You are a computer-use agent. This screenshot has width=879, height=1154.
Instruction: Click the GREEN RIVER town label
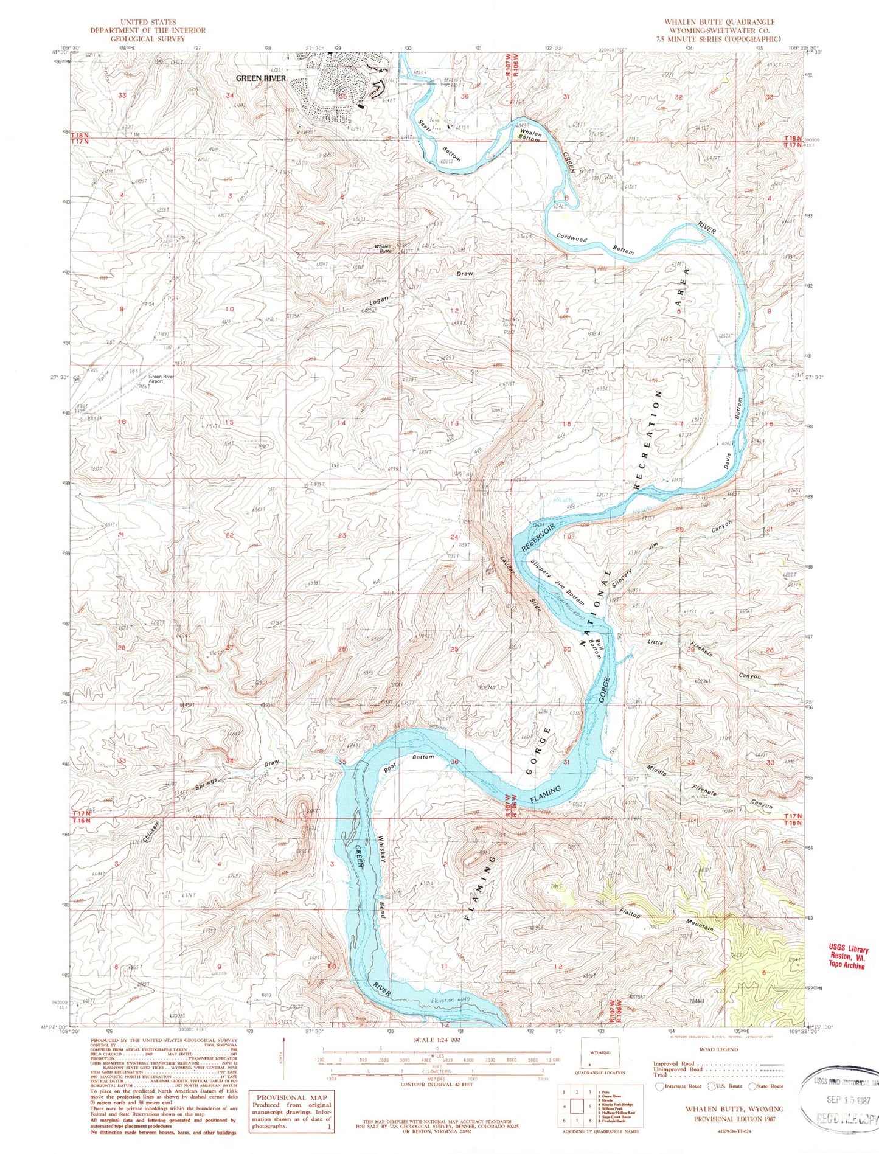261,78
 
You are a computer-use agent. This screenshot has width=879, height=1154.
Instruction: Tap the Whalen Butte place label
383,248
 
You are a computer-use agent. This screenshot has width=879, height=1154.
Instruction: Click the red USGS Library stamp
848,958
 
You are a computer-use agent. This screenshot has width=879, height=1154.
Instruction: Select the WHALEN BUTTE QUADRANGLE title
719,22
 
